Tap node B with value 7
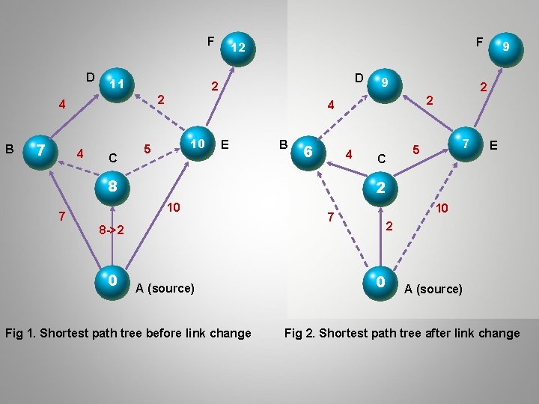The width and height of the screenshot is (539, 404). point(41,152)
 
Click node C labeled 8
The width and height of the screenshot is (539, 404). point(111,186)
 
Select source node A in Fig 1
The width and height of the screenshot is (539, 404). point(112,281)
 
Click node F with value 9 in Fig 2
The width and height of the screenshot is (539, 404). point(505,46)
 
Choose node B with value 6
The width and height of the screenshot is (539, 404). point(308,152)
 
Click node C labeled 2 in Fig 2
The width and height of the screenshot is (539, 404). point(380,187)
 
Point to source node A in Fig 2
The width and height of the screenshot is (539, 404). point(380,281)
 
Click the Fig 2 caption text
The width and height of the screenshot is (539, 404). point(402,333)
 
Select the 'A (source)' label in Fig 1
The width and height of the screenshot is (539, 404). point(165,288)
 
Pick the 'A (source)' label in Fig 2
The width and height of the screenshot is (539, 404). point(433,289)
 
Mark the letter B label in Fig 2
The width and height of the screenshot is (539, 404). point(283,144)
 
